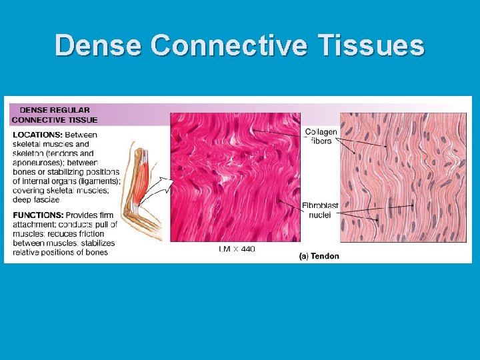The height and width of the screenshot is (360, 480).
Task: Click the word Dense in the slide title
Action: click(98, 46)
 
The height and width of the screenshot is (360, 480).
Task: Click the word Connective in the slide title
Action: click(229, 46)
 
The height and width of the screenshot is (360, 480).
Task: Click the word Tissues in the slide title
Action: click(370, 46)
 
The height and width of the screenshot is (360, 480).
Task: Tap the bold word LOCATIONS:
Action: click(37, 135)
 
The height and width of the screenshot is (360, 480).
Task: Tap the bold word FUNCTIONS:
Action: click(37, 215)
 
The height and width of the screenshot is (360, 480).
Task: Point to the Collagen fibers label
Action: click(321, 136)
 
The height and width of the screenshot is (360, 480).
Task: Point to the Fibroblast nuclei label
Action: click(321, 211)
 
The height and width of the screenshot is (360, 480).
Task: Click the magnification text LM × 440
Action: click(236, 249)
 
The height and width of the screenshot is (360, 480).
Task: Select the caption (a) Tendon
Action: click(319, 256)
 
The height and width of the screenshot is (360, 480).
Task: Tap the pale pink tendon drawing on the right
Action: click(403, 177)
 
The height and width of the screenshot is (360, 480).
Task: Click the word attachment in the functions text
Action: click(34, 224)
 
